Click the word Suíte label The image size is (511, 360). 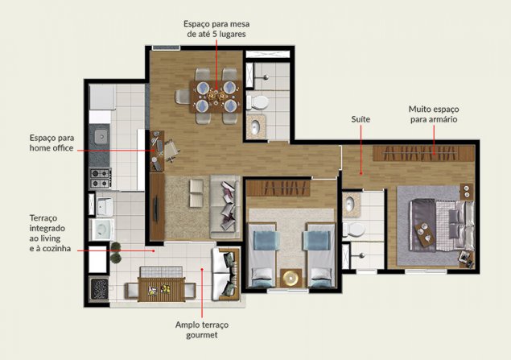pos(361,119)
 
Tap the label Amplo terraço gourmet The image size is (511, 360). pos(202,329)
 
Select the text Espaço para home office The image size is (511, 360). pos(52,143)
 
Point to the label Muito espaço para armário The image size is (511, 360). pos(434,114)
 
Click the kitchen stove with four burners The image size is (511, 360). pos(101,178)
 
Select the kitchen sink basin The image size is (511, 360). pos(101,137)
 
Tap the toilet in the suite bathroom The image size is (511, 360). pos(353,230)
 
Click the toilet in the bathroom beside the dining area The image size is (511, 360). pos(258,102)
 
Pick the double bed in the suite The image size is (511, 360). pos(442,225)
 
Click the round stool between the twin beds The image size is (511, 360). pos(291,278)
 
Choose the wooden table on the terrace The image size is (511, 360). pos(161,290)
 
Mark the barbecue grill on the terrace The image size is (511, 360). pos(99,288)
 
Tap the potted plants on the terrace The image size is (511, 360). pos(116,252)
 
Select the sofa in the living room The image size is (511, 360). pos(225,207)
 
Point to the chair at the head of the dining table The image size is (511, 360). pos(183,97)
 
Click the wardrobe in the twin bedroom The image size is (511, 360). pos(278,188)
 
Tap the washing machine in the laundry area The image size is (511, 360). pos(101,230)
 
